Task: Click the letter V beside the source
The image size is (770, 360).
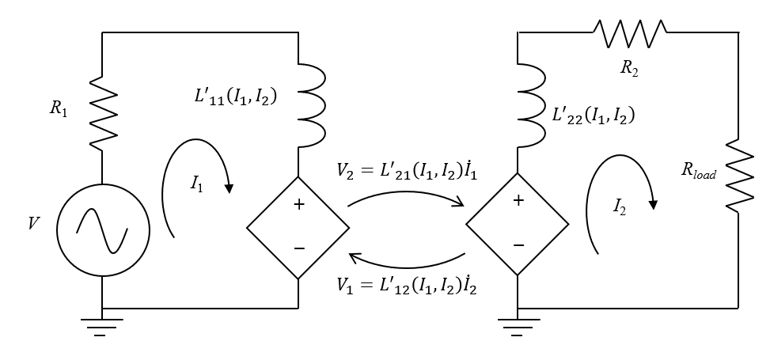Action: pyautogui.click(x=32, y=224)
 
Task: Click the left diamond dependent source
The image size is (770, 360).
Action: pyautogui.click(x=298, y=227)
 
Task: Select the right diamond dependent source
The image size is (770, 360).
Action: pyautogui.click(x=517, y=224)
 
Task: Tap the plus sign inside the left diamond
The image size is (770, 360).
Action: pyautogui.click(x=298, y=204)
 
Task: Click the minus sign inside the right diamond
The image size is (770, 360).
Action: pyautogui.click(x=518, y=245)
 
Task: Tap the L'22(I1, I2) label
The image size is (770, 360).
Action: pyautogui.click(x=593, y=116)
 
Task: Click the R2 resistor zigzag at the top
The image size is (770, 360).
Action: pyautogui.click(x=630, y=32)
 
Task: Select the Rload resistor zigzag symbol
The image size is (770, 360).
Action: pyautogui.click(x=738, y=176)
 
